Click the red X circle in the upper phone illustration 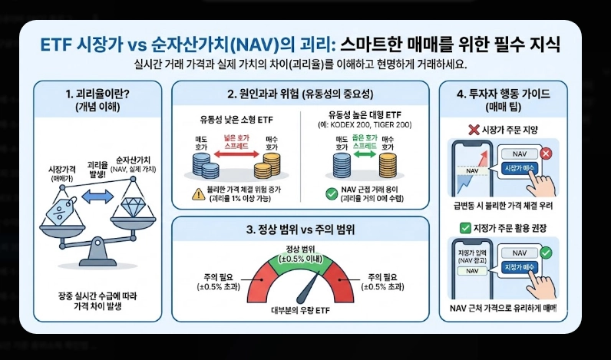[546, 154]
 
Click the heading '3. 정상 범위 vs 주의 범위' [299, 229]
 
